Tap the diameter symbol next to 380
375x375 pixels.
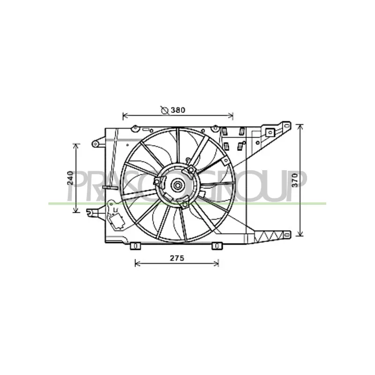click(165, 110)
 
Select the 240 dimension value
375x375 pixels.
click(70, 178)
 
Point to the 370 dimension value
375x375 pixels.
click(296, 180)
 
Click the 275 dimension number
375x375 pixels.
click(177, 258)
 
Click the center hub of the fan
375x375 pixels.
click(178, 185)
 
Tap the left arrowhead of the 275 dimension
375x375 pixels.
click(137, 263)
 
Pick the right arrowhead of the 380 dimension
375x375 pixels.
click(231, 116)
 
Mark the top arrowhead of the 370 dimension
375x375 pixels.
click(300, 127)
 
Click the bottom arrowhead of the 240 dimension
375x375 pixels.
click(76, 210)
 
